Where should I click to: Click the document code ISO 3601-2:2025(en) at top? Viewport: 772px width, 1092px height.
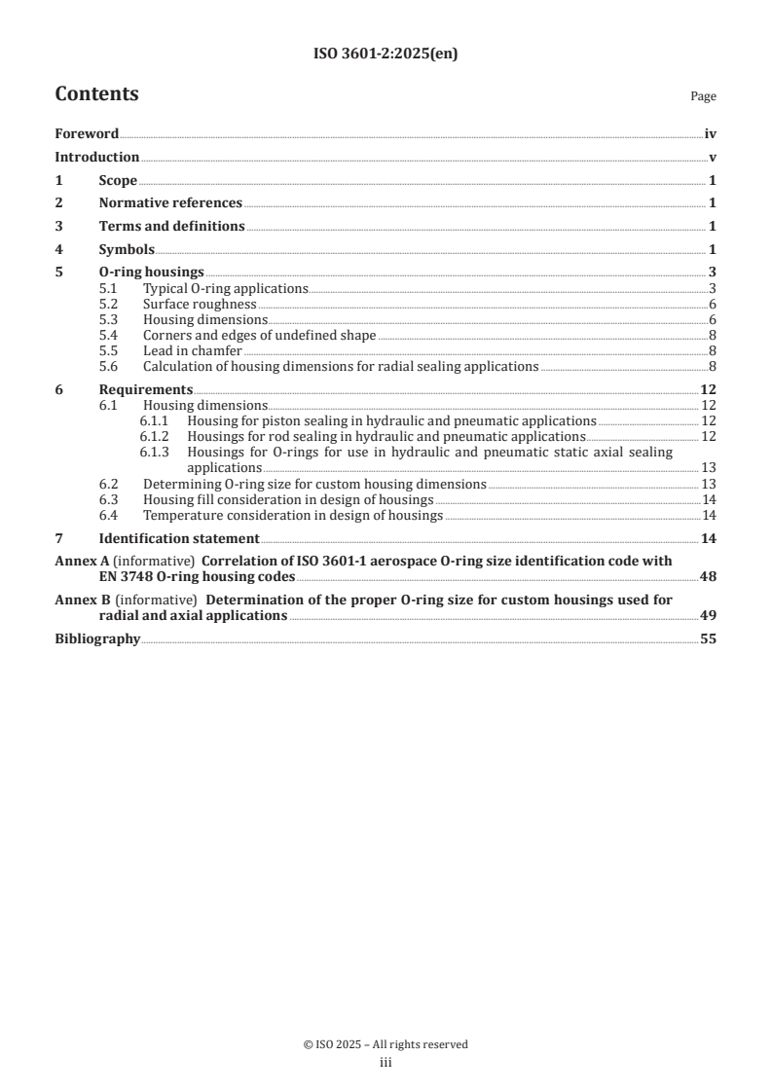(386, 55)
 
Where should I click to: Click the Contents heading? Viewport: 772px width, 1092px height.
(96, 94)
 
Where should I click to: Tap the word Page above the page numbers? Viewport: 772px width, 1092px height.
(703, 96)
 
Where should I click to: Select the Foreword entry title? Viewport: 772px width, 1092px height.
(87, 134)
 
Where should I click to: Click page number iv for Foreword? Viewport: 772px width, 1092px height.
(711, 134)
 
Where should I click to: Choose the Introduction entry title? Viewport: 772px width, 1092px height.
(96, 158)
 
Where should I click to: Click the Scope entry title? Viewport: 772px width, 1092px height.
(118, 181)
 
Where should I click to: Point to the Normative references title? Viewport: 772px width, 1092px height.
(170, 203)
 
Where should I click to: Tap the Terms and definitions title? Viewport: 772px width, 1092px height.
(171, 227)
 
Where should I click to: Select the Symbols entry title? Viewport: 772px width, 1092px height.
(127, 250)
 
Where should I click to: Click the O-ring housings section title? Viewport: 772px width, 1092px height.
(151, 273)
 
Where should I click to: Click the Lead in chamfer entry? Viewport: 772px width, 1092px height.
(193, 351)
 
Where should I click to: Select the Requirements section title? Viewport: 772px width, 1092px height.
(145, 390)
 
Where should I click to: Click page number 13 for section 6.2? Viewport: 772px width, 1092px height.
(710, 484)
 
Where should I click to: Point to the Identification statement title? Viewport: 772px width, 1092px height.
(179, 538)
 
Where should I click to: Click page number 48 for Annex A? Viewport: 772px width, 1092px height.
(709, 577)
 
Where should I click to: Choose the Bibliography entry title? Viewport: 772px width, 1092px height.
(97, 639)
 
